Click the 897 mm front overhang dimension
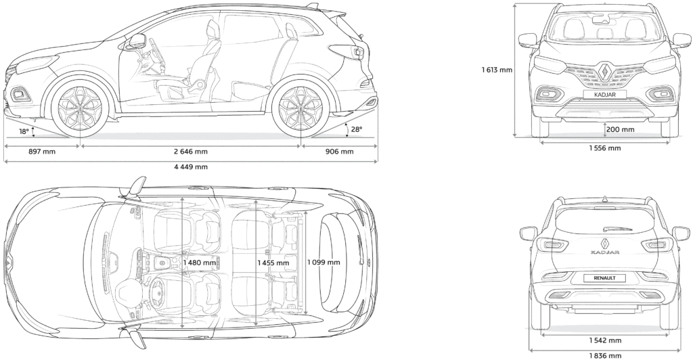click(x=41, y=152)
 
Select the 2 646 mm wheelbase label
click(x=191, y=152)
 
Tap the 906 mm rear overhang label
click(x=339, y=152)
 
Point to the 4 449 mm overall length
click(x=191, y=166)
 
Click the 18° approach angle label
click(x=24, y=131)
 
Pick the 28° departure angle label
click(x=356, y=129)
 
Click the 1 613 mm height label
click(x=497, y=69)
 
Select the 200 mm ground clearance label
click(x=620, y=129)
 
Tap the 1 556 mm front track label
click(x=604, y=148)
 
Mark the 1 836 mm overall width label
click(x=604, y=355)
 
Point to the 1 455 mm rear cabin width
click(x=273, y=263)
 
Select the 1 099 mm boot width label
click(x=323, y=263)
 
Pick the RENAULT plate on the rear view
click(x=605, y=277)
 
